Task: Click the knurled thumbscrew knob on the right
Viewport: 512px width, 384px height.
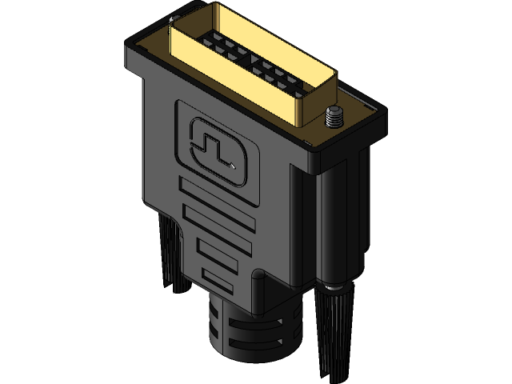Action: pos(337,328)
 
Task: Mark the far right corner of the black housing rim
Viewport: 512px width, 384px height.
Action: pos(382,112)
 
